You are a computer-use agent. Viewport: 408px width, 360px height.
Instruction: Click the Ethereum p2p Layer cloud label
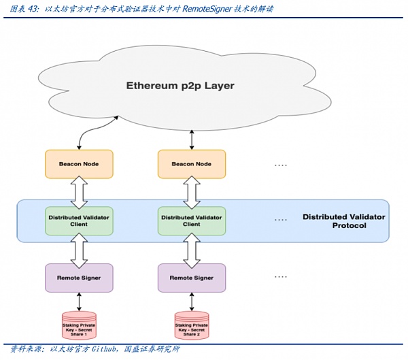pyautogui.click(x=180, y=86)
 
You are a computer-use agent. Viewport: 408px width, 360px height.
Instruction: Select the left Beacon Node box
pyautogui.click(x=78, y=164)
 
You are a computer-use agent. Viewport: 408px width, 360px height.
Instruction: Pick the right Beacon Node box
pyautogui.click(x=191, y=164)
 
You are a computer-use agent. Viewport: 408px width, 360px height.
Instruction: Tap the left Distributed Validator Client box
pyautogui.click(x=78, y=220)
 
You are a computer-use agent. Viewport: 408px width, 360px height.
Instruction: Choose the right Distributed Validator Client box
pyautogui.click(x=191, y=220)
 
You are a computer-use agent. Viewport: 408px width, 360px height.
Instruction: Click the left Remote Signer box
pyautogui.click(x=78, y=278)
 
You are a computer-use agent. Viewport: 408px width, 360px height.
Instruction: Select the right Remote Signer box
pyautogui.click(x=191, y=278)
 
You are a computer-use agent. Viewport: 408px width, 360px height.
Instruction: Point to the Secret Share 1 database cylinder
pyautogui.click(x=78, y=326)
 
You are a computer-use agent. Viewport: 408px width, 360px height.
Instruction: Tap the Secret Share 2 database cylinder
pyautogui.click(x=191, y=326)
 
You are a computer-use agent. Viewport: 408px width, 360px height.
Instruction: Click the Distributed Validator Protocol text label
pyautogui.click(x=343, y=220)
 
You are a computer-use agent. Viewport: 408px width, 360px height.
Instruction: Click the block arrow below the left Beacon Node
pyautogui.click(x=78, y=193)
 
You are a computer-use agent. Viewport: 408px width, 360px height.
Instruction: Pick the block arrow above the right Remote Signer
pyautogui.click(x=191, y=249)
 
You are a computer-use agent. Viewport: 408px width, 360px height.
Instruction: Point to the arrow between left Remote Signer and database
pyautogui.click(x=78, y=301)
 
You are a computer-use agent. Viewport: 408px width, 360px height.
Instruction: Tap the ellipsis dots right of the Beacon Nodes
pyautogui.click(x=280, y=165)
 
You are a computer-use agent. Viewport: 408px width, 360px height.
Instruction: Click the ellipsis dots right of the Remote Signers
pyautogui.click(x=280, y=277)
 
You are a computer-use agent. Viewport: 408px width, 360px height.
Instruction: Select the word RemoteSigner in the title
pyautogui.click(x=209, y=8)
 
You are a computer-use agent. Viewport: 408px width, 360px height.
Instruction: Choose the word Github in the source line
pyautogui.click(x=107, y=350)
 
